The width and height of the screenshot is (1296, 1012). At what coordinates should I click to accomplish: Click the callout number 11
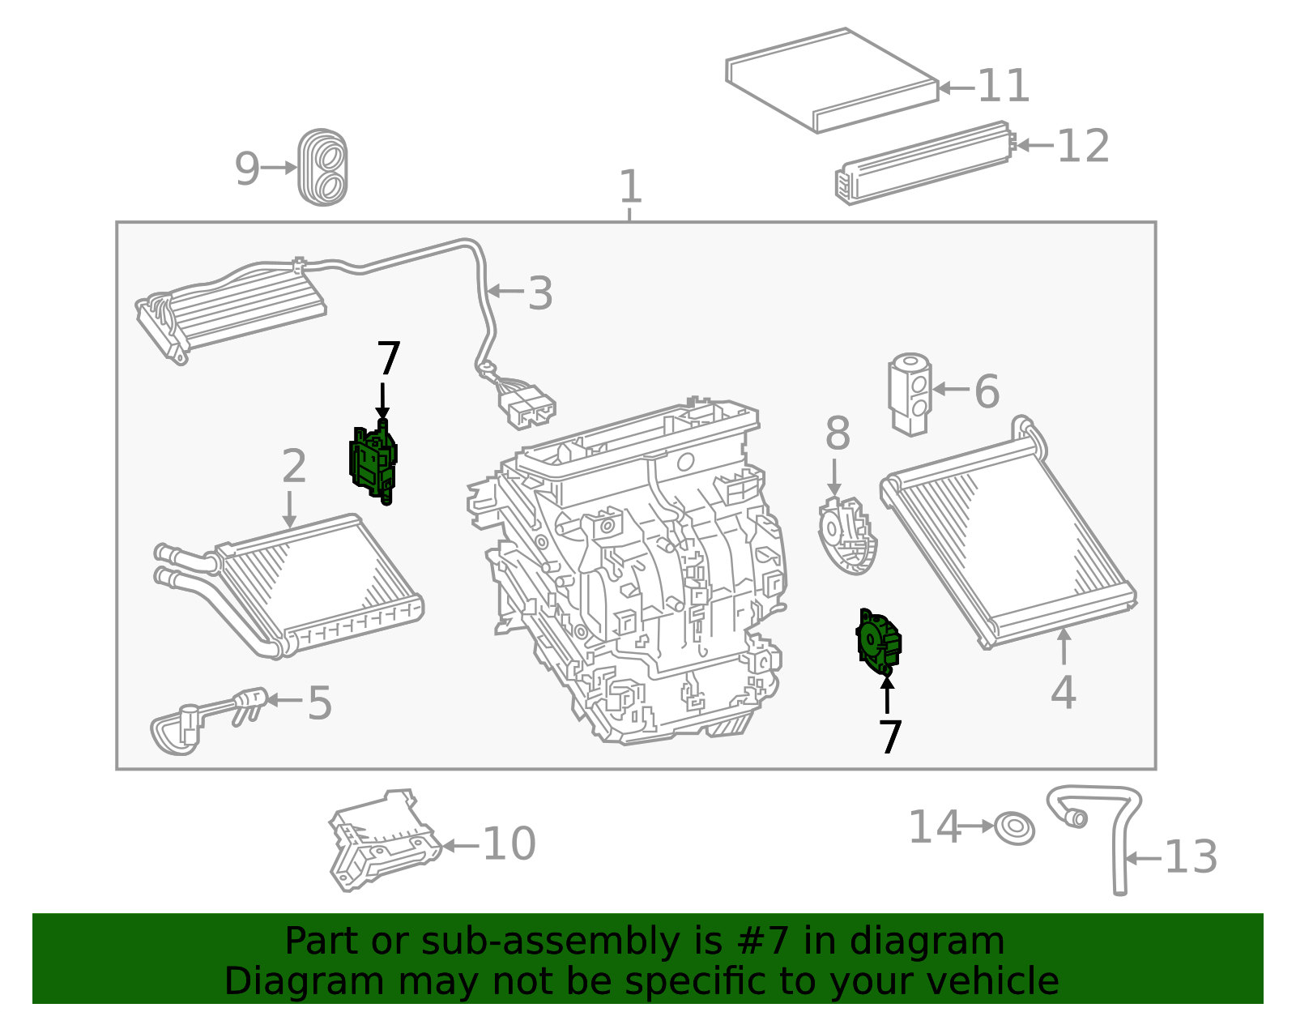point(1004,86)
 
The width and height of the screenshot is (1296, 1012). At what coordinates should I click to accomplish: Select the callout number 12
point(1083,146)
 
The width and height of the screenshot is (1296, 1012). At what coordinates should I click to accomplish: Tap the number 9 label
point(247,168)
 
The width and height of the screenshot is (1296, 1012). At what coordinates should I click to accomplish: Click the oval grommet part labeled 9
point(322,168)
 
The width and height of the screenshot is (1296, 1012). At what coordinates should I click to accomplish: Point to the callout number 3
point(540,292)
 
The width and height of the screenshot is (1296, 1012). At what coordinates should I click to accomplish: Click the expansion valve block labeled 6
point(910,394)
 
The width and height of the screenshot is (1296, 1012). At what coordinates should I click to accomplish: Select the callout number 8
point(838,433)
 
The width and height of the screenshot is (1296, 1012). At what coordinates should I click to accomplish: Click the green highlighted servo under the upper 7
point(373,462)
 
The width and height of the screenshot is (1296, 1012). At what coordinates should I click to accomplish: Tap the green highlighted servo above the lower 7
point(879,643)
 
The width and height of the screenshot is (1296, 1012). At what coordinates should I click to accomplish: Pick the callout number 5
point(319,702)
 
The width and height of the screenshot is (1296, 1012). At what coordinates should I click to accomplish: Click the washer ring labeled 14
point(1014,829)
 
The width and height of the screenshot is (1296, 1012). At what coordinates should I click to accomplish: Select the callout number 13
point(1191,857)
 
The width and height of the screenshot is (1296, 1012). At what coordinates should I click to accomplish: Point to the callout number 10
point(509,843)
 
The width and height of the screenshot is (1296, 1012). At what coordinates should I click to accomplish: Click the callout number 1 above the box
point(630,186)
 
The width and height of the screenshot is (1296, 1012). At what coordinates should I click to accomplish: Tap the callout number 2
point(293,466)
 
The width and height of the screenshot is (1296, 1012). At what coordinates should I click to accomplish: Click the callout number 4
point(1064,693)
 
